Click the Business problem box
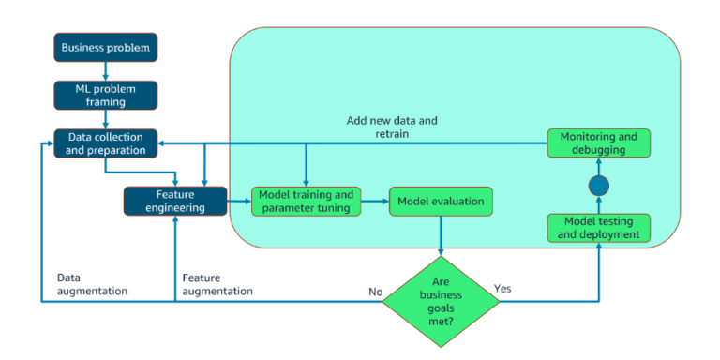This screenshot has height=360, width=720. click(x=105, y=47)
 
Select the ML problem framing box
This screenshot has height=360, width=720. click(x=105, y=94)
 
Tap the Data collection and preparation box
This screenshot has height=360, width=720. click(x=105, y=142)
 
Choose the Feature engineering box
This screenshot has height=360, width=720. click(x=175, y=201)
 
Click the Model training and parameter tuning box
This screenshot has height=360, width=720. click(x=306, y=201)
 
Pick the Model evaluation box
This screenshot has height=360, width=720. click(x=441, y=201)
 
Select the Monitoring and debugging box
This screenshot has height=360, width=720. click(x=598, y=142)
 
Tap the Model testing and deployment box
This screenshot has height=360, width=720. click(x=598, y=227)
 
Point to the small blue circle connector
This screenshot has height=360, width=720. click(x=598, y=186)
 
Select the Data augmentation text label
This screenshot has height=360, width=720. click(x=92, y=284)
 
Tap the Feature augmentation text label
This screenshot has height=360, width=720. click(x=217, y=284)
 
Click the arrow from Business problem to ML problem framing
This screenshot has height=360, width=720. click(x=105, y=70)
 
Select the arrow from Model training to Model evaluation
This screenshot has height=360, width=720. click(x=374, y=201)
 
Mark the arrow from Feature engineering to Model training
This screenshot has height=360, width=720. click(x=239, y=201)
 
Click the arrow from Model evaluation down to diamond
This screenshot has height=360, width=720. click(x=441, y=234)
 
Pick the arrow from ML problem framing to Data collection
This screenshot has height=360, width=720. click(x=105, y=118)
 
